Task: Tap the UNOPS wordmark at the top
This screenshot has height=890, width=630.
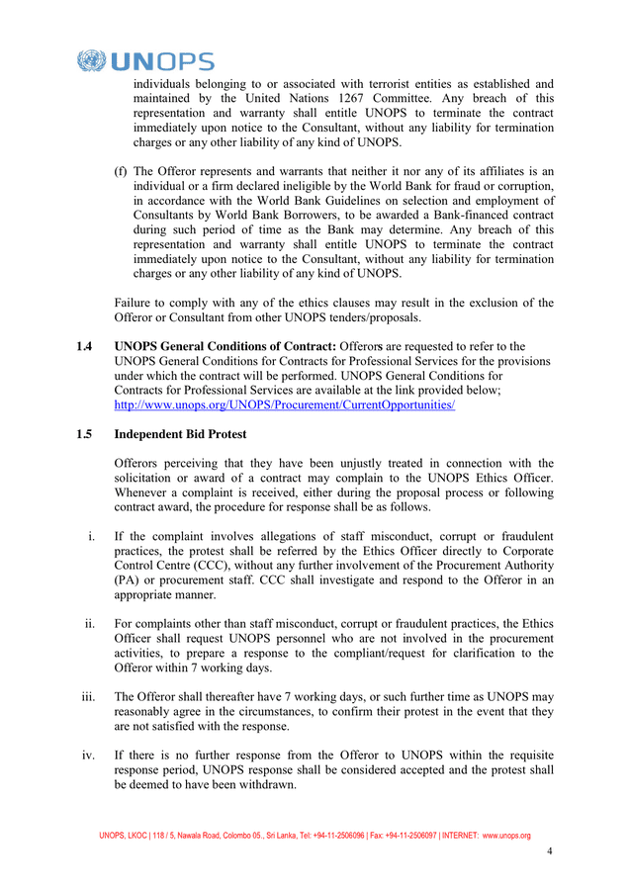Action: [163, 62]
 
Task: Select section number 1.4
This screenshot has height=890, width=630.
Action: [84, 346]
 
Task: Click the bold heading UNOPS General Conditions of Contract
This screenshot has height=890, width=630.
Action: [225, 346]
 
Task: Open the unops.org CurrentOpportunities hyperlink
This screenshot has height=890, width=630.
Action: [285, 405]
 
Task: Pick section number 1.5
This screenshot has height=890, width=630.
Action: [84, 434]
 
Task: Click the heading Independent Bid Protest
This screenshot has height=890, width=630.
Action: [180, 434]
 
